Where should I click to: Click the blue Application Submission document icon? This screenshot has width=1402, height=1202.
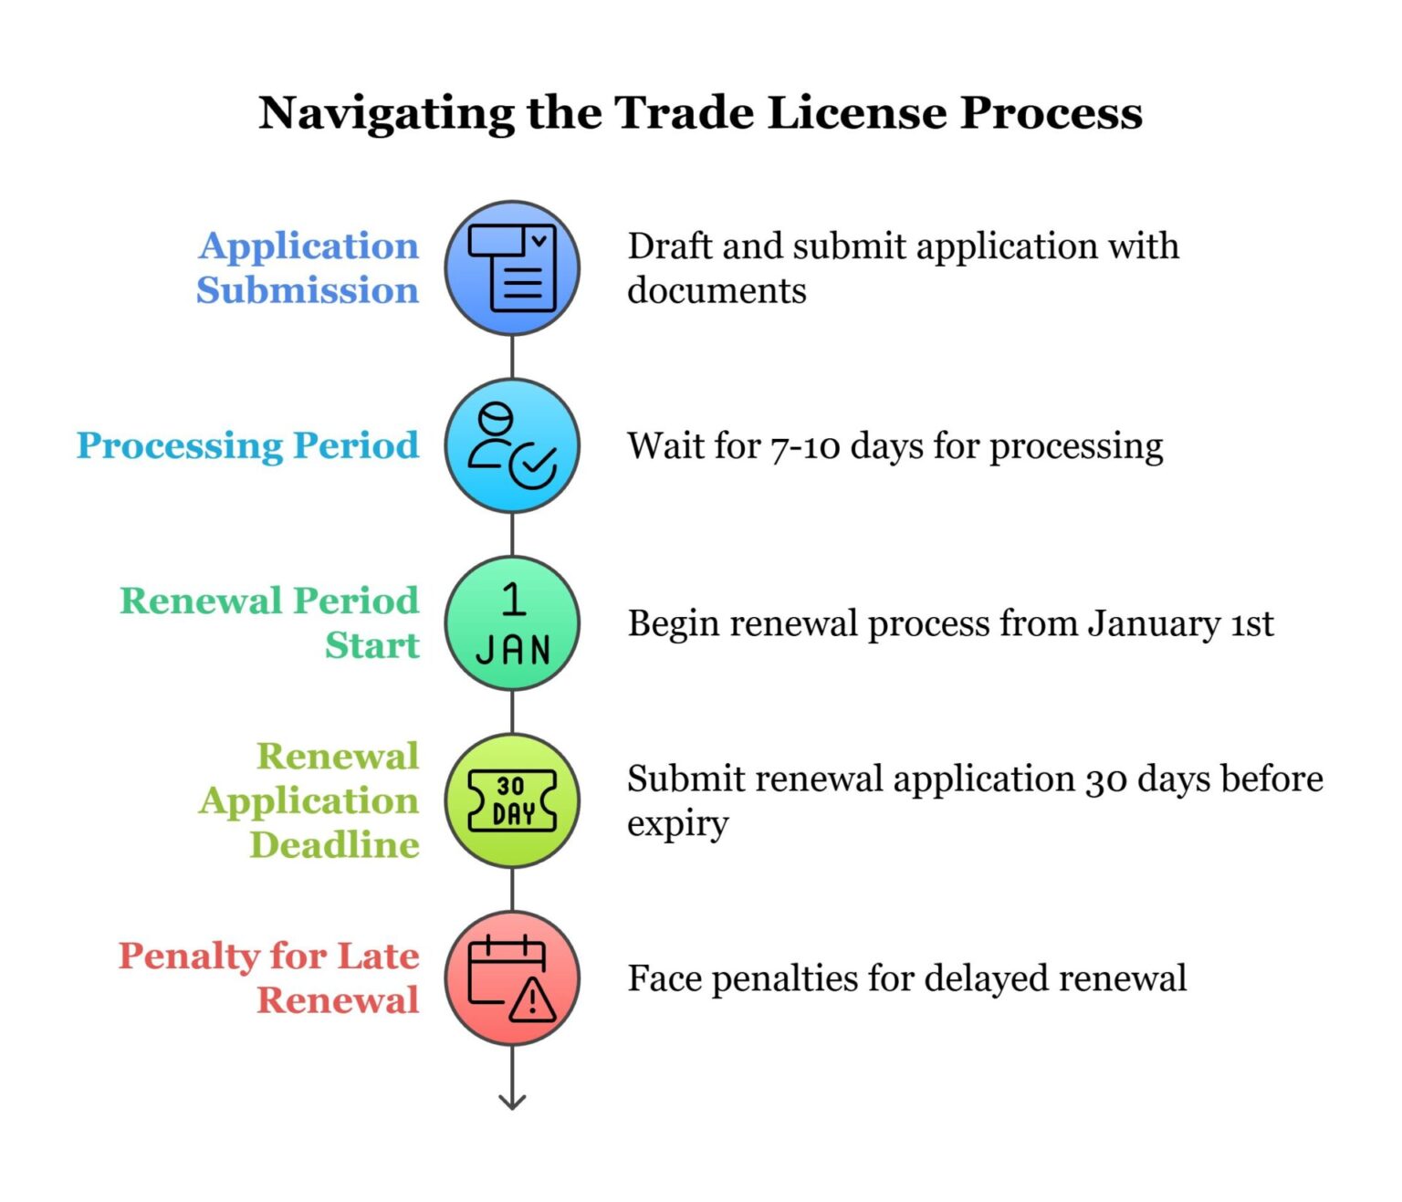click(x=512, y=268)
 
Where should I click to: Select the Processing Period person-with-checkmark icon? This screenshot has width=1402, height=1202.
click(x=512, y=446)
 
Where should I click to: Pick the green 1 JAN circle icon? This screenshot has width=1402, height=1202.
click(x=512, y=623)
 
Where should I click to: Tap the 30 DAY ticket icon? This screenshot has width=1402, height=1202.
click(x=512, y=800)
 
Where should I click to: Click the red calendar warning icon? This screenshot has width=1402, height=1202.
click(x=512, y=978)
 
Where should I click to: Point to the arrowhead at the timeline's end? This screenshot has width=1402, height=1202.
click(x=512, y=1102)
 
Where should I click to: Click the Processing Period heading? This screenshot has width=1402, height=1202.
click(x=247, y=445)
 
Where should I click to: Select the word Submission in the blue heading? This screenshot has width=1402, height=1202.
click(x=308, y=290)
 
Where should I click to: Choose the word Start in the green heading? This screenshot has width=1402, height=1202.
click(x=371, y=645)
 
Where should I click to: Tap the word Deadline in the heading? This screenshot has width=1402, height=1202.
click(x=335, y=845)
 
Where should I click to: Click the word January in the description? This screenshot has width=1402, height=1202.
click(x=1153, y=624)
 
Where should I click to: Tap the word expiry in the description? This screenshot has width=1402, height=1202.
click(x=677, y=824)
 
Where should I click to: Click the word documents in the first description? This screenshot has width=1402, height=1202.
click(x=717, y=290)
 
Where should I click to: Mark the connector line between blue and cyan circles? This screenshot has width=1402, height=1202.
click(x=512, y=357)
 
